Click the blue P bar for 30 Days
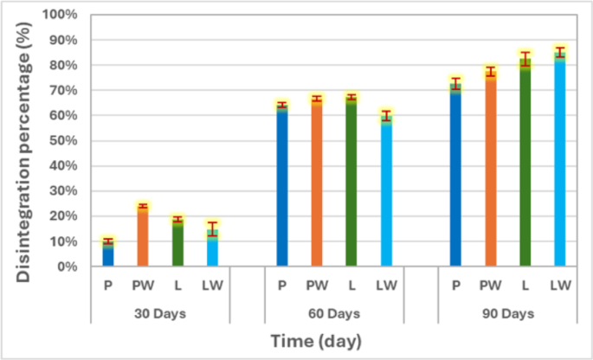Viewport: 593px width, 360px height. pyautogui.click(x=108, y=254)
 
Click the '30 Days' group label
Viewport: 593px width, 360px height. pyautogui.click(x=160, y=312)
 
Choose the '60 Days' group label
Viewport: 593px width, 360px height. pyautogui.click(x=333, y=312)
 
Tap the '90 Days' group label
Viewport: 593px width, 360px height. pyautogui.click(x=507, y=312)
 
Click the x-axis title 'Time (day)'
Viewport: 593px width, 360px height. pyautogui.click(x=315, y=340)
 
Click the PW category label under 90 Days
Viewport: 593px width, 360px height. pyautogui.click(x=490, y=285)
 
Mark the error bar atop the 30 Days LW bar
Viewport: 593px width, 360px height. pyautogui.click(x=212, y=228)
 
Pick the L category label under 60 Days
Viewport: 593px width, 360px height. pyautogui.click(x=351, y=285)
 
